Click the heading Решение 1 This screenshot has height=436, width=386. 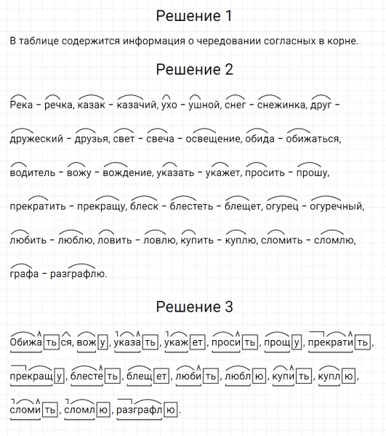pyautogui.click(x=193, y=16)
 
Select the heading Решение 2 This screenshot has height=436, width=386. pyautogui.click(x=193, y=70)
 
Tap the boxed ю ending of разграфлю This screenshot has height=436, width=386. pyautogui.click(x=170, y=411)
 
